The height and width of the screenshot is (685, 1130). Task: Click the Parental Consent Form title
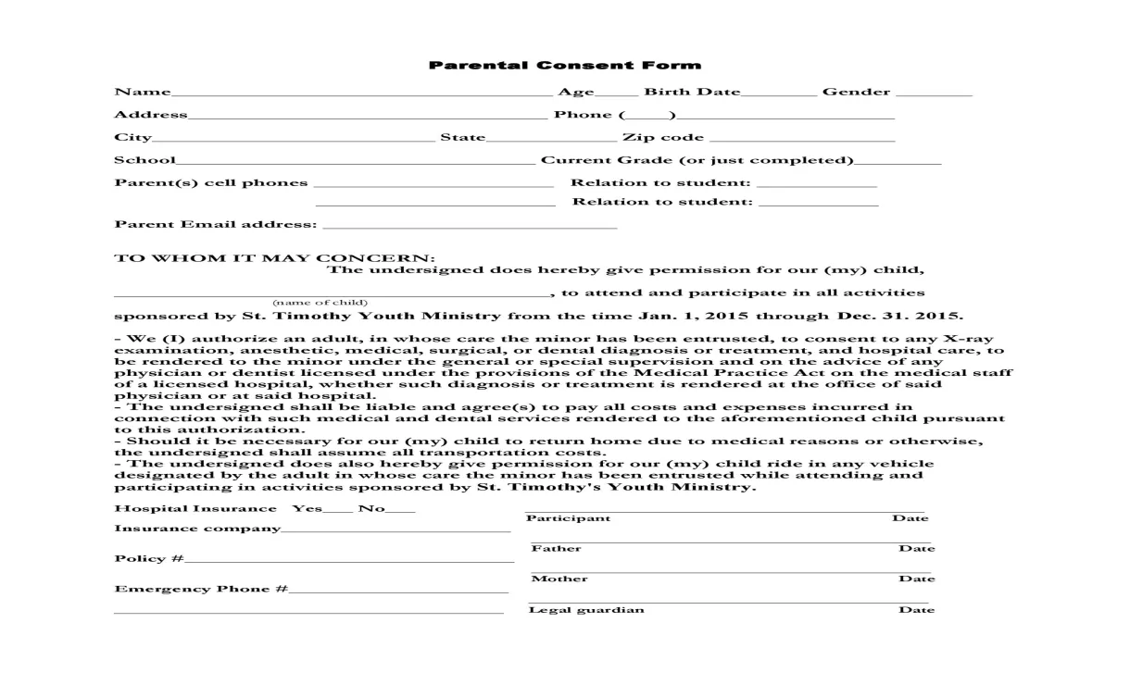click(564, 65)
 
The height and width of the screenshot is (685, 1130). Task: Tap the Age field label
click(575, 92)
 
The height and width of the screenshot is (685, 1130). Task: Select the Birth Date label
click(692, 92)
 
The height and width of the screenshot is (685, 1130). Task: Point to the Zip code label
click(663, 137)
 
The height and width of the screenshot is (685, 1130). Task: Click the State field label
click(462, 137)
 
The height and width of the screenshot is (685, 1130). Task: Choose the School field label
click(144, 160)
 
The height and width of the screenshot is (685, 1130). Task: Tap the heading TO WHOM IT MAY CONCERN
click(274, 257)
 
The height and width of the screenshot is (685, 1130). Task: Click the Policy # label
click(148, 558)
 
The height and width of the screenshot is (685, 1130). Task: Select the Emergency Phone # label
click(201, 589)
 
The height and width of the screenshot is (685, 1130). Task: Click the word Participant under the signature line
click(568, 518)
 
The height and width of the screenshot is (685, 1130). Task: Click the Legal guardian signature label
click(586, 609)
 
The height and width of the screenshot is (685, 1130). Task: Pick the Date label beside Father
click(916, 548)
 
